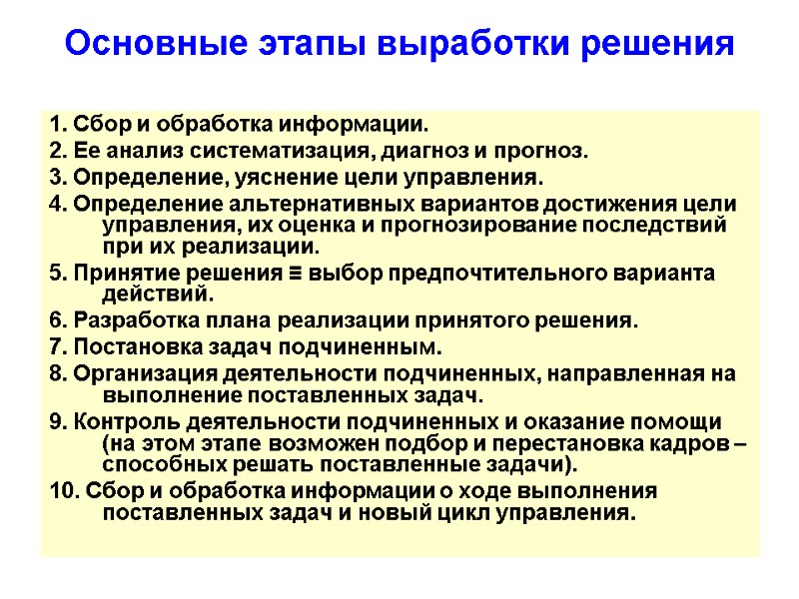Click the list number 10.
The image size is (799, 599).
[x=60, y=492]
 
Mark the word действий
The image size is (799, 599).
[x=157, y=296]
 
